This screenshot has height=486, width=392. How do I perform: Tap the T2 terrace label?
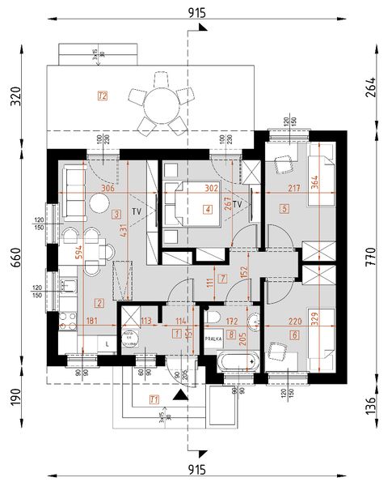pos(102,96)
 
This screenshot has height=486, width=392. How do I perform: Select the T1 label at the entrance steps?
pos(154,399)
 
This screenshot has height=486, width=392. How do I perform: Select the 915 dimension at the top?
pos(196,11)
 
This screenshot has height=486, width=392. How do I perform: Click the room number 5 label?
pos(285,208)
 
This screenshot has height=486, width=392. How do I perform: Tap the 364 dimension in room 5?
pos(313,181)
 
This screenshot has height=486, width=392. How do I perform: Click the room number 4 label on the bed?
pos(209,211)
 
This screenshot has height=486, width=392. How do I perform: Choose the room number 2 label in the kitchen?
pos(99,304)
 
